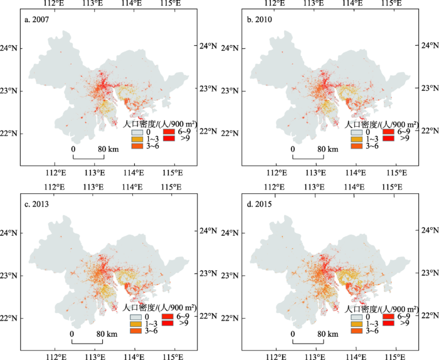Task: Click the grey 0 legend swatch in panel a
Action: point(137,133)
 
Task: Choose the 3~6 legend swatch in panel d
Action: point(356,330)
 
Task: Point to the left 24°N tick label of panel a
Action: point(11,48)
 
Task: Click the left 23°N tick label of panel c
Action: point(11,275)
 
